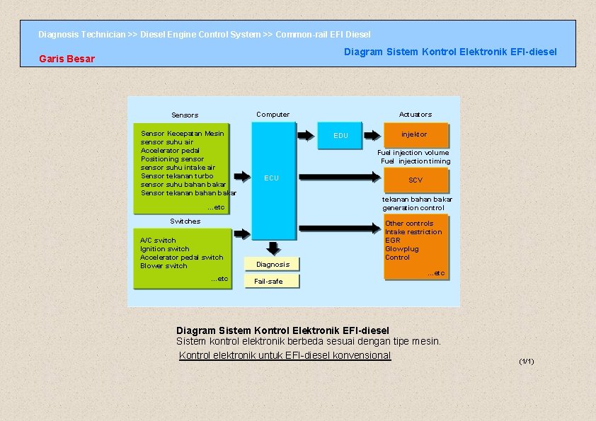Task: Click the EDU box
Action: coord(341,135)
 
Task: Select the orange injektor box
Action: coord(414,134)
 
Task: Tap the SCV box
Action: coord(416,180)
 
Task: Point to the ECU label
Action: coord(272,178)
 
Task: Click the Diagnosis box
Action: coord(273,265)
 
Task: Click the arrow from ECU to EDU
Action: coord(306,135)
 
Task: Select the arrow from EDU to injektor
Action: coord(371,135)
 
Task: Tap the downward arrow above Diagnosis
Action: coord(273,248)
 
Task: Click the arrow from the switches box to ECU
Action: coord(241,233)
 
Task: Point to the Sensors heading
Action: coord(185,115)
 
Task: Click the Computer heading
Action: coord(273,115)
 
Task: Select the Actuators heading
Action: coord(416,115)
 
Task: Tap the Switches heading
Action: coord(185,221)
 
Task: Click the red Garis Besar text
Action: coord(67,59)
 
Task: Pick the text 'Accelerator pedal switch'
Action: coord(181,258)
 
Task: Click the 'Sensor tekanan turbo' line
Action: coord(177,176)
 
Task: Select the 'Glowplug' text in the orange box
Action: coord(401,249)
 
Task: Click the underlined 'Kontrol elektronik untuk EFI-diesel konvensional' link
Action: coord(285,355)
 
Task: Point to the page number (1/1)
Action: coord(526,362)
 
